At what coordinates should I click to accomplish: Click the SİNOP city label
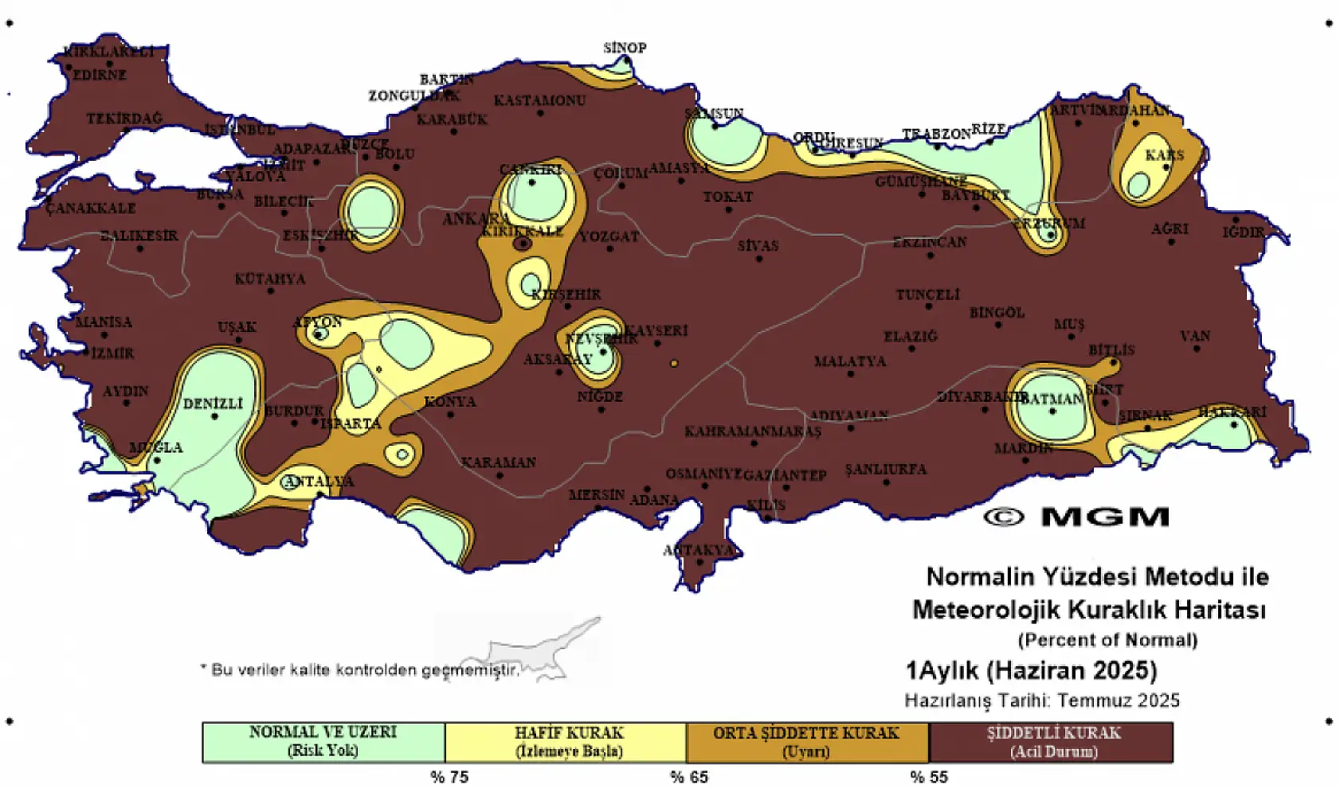coord(625,48)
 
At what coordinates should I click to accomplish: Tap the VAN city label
coord(1195,336)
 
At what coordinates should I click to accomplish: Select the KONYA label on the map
coord(450,401)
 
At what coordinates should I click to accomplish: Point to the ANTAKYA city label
coord(699,550)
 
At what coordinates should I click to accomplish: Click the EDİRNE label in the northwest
coord(100,75)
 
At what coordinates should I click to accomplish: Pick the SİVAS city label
coord(758,245)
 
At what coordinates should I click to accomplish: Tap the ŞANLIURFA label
coord(886,469)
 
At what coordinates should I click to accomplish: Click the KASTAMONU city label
coord(539,100)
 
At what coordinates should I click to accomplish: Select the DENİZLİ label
coord(213,404)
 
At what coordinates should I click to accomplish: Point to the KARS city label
coord(1165,154)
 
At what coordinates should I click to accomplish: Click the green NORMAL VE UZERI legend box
coord(323,741)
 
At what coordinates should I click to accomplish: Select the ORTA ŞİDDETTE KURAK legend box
coord(806,741)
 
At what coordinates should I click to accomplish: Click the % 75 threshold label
coord(449,777)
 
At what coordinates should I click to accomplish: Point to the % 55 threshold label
coord(929,777)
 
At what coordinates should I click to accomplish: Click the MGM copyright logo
coord(1077,517)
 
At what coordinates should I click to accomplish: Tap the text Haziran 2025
coord(1072,670)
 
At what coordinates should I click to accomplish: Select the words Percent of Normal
coord(1107,639)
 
